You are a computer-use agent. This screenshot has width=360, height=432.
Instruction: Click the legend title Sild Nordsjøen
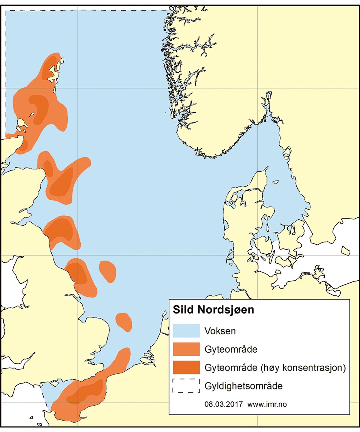coord(213,310)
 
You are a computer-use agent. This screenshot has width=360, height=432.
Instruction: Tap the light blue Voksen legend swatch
coord(186,331)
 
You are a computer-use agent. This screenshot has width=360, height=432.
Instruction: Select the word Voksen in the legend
coord(220,331)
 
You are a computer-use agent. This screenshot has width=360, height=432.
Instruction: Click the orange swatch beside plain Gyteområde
coord(186,349)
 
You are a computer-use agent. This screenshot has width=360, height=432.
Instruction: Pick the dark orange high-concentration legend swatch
coord(186,368)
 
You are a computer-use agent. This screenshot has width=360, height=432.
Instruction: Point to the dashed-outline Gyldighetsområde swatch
coord(186,386)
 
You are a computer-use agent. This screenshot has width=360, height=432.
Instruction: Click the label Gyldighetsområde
coord(243,386)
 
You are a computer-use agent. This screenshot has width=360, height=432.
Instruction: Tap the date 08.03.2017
coord(223,404)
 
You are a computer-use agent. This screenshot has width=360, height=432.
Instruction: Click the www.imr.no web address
coord(267,404)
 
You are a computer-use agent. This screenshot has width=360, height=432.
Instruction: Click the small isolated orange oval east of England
coord(108,271)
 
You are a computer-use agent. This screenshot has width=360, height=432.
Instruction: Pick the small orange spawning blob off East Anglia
coord(124,322)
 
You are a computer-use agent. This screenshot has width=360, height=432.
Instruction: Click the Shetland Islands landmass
coord(55,73)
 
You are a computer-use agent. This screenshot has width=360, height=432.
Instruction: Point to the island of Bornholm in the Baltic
coord(346,250)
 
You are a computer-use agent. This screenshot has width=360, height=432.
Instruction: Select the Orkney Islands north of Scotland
coord(21,123)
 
